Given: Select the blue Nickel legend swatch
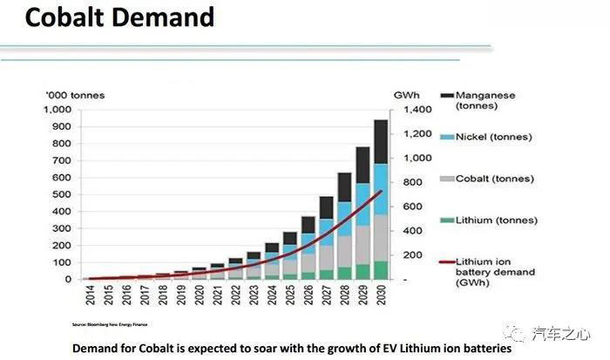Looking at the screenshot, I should pos(445,137).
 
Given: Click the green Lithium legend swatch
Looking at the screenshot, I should pos(445,220).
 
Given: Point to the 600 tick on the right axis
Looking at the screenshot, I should pos(411,207).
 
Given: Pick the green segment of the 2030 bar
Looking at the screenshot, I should pos(381,270).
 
